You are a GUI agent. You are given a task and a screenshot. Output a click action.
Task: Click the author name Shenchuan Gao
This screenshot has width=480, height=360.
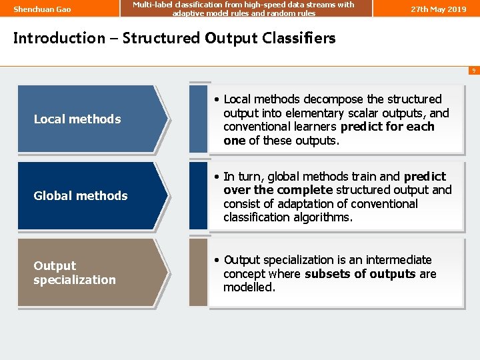click(42, 9)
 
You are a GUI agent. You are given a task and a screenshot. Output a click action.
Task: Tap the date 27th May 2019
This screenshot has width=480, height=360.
click(438, 9)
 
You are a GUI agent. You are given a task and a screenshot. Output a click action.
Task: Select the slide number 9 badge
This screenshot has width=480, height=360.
click(473, 70)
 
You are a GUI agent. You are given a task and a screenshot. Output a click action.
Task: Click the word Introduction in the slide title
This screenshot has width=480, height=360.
click(59, 38)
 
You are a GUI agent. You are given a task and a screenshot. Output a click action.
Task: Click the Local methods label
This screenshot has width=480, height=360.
click(77, 119)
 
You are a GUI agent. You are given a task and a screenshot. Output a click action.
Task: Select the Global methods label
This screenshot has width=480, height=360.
click(80, 196)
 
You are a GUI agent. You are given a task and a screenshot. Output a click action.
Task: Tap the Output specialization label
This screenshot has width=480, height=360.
click(74, 273)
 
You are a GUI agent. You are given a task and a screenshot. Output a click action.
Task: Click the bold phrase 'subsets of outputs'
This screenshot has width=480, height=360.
click(360, 274)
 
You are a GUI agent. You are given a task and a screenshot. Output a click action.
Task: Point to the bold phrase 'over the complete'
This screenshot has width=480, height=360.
click(278, 190)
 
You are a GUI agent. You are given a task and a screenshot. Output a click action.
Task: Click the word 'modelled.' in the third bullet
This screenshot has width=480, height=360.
click(249, 287)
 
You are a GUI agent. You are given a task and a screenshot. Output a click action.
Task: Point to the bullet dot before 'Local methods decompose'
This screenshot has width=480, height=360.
click(217, 100)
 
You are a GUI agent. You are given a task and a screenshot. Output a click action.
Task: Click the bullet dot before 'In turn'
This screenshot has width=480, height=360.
click(217, 177)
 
